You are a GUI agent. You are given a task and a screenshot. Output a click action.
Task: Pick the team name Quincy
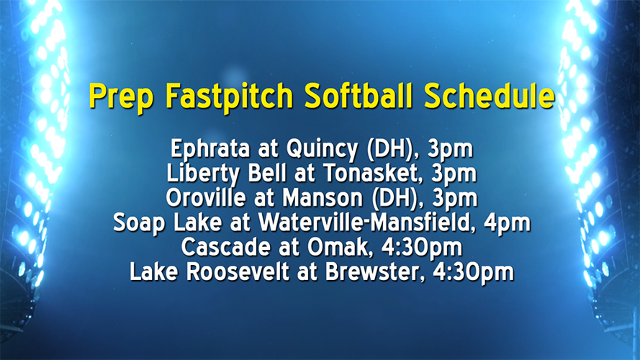point(317,150)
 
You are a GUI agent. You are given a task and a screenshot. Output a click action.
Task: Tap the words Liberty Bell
point(216,174)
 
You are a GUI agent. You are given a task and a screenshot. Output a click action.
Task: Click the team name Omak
point(329,248)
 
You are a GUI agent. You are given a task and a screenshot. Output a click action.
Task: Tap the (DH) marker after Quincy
point(392,150)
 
